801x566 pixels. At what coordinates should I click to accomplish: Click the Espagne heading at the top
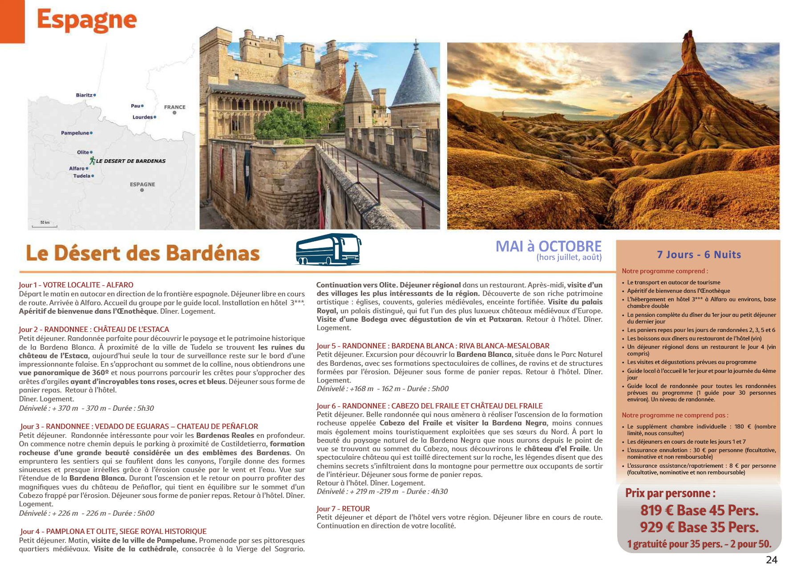(x=87, y=20)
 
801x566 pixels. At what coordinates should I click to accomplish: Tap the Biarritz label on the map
(x=84, y=95)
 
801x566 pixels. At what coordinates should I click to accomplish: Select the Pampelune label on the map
(x=75, y=133)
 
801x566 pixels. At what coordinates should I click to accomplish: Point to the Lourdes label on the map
(x=142, y=117)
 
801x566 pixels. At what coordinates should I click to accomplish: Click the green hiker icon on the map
(x=92, y=161)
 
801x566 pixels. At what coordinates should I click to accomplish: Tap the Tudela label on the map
(x=82, y=176)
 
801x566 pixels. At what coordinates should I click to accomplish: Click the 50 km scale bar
(x=44, y=225)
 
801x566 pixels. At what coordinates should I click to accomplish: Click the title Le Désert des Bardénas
(x=143, y=253)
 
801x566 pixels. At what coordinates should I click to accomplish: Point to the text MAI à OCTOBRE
(x=548, y=246)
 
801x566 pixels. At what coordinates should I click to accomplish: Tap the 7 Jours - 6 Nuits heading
(x=699, y=255)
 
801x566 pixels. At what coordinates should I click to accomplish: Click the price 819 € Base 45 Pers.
(x=699, y=510)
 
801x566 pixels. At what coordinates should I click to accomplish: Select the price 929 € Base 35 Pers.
(x=699, y=527)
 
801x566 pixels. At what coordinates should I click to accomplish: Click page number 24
(x=771, y=559)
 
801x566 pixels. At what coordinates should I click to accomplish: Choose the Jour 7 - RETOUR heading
(x=343, y=509)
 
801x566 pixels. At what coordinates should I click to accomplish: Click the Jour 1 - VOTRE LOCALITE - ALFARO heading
(x=76, y=285)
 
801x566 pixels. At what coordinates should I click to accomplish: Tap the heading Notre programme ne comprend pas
(x=675, y=415)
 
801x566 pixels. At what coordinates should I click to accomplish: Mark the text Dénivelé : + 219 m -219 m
(x=357, y=491)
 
